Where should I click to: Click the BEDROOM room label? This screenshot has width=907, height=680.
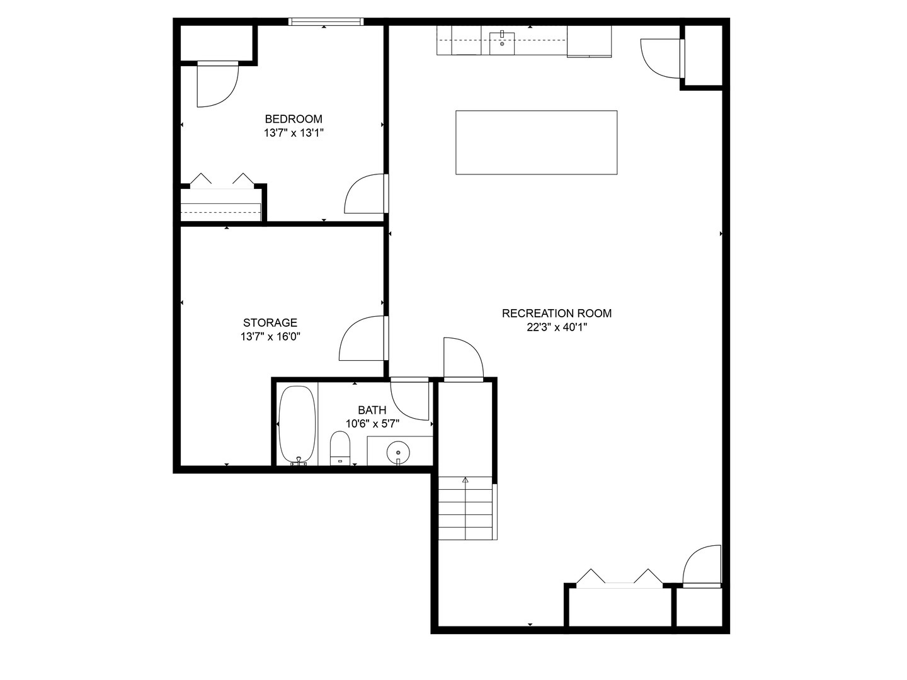(293, 119)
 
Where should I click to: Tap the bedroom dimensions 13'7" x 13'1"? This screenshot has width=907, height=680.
(293, 133)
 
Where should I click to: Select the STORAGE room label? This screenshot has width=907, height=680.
(270, 323)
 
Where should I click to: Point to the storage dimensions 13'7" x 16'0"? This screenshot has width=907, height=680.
(270, 337)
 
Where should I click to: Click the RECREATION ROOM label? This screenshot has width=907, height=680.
(556, 313)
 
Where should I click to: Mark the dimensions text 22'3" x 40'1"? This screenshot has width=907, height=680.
(556, 327)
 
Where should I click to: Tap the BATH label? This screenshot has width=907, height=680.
(372, 410)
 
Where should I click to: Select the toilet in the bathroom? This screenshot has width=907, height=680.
(339, 448)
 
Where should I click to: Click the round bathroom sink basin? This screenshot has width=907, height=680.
(398, 451)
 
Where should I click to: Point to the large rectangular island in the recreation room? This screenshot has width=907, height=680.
(536, 142)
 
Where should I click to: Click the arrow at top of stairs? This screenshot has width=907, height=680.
(465, 480)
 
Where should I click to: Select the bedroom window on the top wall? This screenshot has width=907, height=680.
(326, 22)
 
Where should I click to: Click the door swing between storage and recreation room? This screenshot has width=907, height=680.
(362, 338)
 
